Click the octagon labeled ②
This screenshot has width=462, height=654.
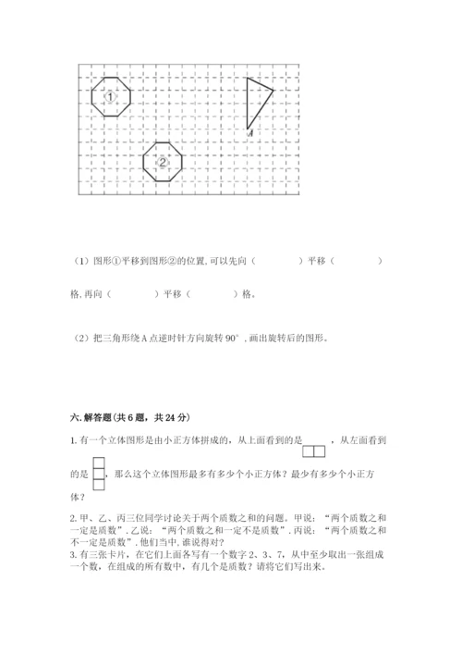pos(164,161)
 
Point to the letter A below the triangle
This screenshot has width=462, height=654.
pos(252,135)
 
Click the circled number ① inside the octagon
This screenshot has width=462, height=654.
pos(110,97)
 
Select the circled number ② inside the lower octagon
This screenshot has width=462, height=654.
pos(164,162)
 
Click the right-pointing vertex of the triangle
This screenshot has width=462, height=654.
pos(274,90)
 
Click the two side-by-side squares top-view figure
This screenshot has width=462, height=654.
pos(314,451)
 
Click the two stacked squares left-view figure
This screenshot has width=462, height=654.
pos(98,475)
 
